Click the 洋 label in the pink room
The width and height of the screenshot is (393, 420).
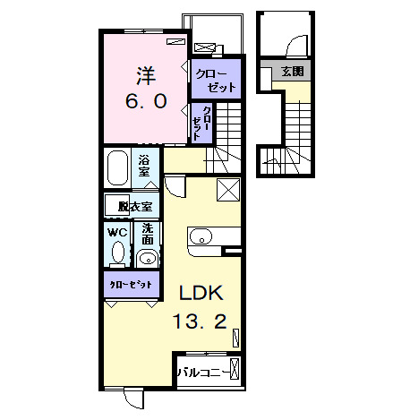click(144, 73)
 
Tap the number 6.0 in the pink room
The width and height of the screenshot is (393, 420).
click(144, 101)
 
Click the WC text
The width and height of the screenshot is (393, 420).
click(118, 232)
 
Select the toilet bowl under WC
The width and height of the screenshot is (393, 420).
click(118, 253)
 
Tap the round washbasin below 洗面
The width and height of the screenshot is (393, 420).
click(148, 261)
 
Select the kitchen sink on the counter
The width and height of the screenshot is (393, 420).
click(201, 237)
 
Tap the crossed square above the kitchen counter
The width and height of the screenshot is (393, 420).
click(228, 190)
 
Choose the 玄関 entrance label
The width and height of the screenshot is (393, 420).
click(291, 71)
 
